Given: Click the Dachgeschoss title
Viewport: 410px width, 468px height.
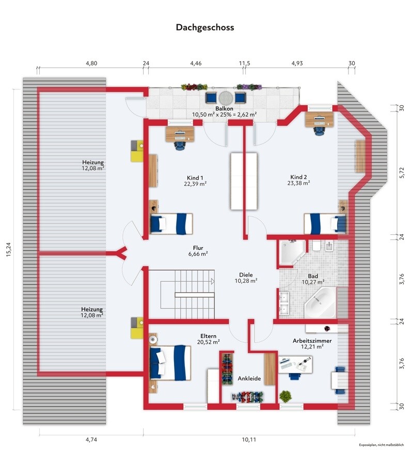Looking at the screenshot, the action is tap(205, 27).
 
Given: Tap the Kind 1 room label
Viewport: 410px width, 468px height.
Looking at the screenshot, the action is tap(195, 178).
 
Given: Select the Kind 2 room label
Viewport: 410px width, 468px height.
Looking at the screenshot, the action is tap(298, 177).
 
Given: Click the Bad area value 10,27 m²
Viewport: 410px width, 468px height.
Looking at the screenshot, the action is tap(313, 282).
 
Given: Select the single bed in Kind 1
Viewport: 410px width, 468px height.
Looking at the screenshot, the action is tap(171, 224).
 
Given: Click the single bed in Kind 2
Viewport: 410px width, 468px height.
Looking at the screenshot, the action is tap(325, 223).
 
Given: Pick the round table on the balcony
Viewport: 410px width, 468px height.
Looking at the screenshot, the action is tap(226, 98).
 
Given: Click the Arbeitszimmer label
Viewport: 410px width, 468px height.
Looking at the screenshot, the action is tap(312, 341).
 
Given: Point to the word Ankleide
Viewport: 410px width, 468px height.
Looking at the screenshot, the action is tap(249, 378).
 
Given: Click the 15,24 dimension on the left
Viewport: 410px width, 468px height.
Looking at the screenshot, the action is tap(8, 249).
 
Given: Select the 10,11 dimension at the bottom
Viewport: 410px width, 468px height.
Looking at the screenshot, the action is tap(249, 440).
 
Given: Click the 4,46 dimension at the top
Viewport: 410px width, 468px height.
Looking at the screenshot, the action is tap(196, 63).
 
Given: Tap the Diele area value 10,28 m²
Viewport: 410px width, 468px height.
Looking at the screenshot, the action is tap(246, 281).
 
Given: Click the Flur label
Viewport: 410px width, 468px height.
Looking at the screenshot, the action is tap(198, 248).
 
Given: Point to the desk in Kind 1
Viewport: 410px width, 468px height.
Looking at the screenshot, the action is tap(180, 134).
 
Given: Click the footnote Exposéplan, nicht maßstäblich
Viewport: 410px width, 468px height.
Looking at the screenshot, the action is tap(381, 445).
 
